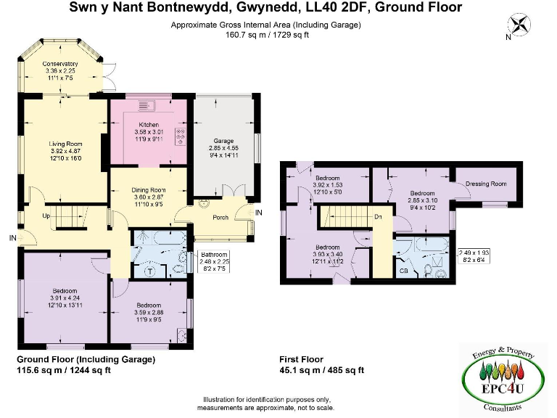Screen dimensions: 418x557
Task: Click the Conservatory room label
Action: coord(59,64)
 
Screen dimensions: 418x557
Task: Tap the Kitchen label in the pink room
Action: coord(149,125)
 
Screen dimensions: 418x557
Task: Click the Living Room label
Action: coord(64,144)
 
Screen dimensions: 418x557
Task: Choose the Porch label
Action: coord(220,217)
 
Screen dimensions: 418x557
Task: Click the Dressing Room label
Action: coord(485,184)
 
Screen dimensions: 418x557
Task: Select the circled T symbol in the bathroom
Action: coord(150,271)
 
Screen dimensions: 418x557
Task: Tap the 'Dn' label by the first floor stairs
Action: coord(378,217)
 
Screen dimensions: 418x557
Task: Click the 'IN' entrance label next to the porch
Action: coord(259,212)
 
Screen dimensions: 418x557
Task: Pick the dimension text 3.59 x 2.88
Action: coord(149,313)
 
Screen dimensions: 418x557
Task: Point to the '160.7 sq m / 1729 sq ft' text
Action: coord(265,33)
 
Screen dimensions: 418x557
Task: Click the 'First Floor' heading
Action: coord(301,359)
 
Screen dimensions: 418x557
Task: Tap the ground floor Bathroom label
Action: coord(215,255)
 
